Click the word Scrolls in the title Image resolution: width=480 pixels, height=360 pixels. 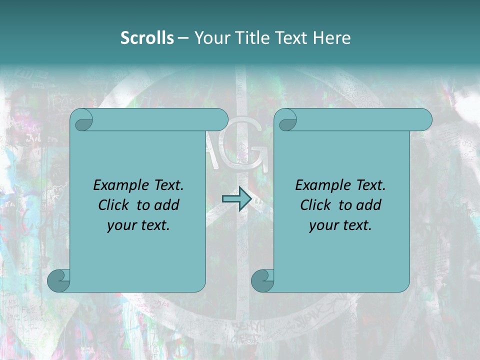(x=147, y=38)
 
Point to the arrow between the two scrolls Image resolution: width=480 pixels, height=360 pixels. (x=236, y=198)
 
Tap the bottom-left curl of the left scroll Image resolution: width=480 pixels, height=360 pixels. (x=59, y=280)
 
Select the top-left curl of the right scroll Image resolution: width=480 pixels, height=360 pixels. (x=287, y=120)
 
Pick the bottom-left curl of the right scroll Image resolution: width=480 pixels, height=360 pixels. (x=262, y=280)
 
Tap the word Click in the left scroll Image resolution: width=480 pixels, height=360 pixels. (x=114, y=205)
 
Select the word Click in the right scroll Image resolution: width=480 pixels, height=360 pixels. (x=315, y=205)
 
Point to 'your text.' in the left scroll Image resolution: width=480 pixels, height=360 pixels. (x=138, y=225)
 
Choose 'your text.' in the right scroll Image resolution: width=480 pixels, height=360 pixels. (x=340, y=225)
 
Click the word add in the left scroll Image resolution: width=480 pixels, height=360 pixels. (x=166, y=205)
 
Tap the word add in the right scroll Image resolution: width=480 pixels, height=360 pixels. (x=368, y=205)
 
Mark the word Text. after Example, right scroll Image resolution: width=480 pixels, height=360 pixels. (x=370, y=185)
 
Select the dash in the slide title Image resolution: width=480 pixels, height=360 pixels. (x=183, y=38)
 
